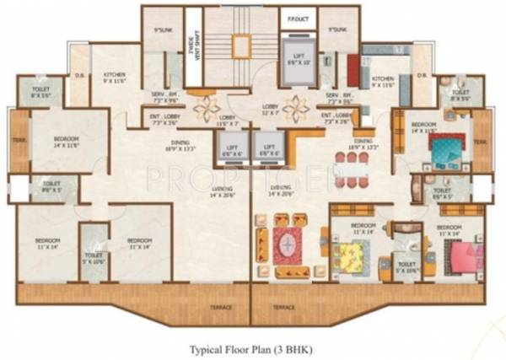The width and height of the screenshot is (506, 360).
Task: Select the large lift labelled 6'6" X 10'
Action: click(x=296, y=59)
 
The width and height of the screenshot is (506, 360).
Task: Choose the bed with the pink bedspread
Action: click(x=460, y=254)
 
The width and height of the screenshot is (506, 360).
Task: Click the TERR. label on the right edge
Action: click(x=482, y=142)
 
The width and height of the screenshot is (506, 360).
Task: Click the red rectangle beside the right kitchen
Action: click(x=353, y=70)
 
